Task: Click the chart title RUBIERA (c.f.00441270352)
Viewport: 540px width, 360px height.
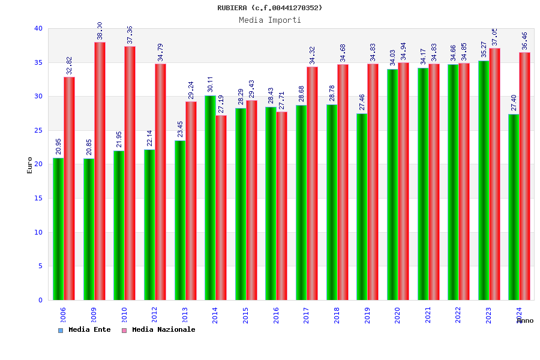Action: (269, 8)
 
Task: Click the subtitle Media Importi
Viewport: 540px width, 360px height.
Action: (270, 20)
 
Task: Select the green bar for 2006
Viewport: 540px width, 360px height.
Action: (58, 229)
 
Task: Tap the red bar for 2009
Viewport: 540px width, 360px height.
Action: (100, 171)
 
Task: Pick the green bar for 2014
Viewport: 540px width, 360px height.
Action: (210, 197)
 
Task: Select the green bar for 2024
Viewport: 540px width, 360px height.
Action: (514, 207)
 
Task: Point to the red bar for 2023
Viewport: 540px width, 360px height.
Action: (494, 174)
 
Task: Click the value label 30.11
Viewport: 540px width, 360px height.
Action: (210, 84)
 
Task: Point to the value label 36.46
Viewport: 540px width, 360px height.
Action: (525, 41)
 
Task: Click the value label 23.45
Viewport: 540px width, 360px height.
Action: (180, 129)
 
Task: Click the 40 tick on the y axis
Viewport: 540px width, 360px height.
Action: (38, 28)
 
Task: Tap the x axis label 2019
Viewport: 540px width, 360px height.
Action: (367, 316)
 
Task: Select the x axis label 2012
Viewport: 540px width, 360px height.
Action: (154, 316)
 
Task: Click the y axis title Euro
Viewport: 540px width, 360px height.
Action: (30, 165)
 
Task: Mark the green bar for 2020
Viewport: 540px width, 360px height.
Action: (392, 184)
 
